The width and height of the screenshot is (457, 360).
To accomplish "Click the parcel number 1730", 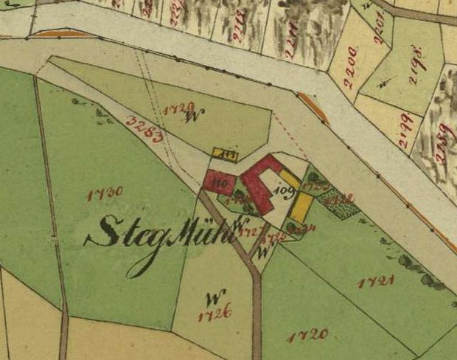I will click(104, 194).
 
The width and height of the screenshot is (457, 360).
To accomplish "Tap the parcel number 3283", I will click(144, 129).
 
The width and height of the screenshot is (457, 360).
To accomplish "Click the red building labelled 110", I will click(219, 181).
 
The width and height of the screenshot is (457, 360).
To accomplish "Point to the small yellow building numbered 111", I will click(226, 153).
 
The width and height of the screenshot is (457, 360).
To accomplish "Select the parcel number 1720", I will click(307, 336).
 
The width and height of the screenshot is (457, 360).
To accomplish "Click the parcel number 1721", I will click(376, 281).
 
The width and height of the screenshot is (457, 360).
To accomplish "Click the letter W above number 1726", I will click(214, 299).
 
